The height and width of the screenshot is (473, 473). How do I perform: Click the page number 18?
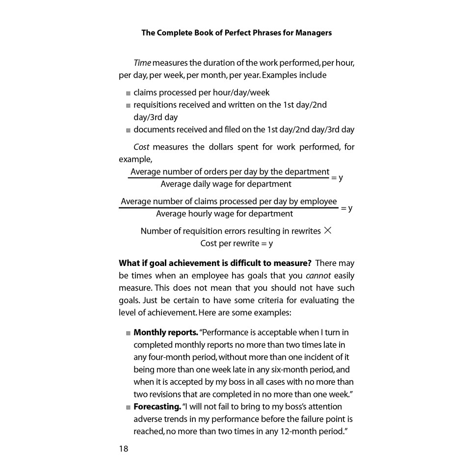(123, 448)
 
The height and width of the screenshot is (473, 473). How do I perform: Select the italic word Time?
(142, 63)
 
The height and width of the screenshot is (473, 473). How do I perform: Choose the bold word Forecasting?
(157, 406)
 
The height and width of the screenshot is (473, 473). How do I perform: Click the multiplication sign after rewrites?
(328, 230)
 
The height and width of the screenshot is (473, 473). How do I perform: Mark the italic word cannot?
(318, 275)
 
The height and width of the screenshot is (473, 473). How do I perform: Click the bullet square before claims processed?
(128, 93)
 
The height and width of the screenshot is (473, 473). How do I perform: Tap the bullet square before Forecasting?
(128, 407)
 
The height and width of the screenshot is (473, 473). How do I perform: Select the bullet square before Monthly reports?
(128, 333)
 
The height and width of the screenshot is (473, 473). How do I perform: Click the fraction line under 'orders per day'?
(229, 178)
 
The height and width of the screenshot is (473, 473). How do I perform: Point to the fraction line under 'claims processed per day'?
(229, 208)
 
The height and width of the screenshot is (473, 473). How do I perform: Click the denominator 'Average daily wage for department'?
(226, 184)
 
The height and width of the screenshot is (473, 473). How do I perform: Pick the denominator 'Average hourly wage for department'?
(224, 214)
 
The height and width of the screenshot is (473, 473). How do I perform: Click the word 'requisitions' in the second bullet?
(156, 105)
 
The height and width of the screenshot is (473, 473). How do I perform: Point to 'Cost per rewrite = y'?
(236, 243)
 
